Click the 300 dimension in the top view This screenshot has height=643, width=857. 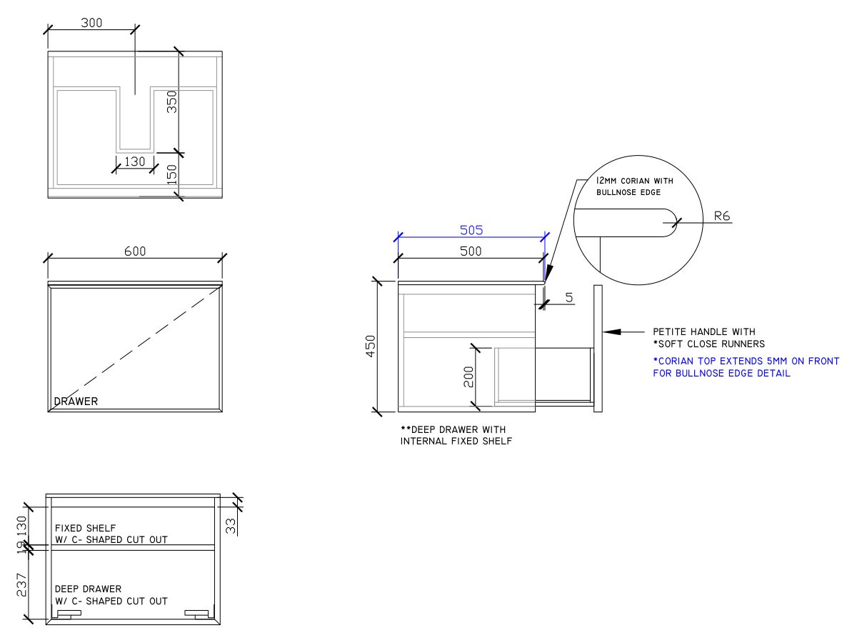click(x=91, y=22)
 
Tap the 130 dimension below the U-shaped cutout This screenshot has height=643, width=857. click(x=134, y=161)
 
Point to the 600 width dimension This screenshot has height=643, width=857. click(x=135, y=251)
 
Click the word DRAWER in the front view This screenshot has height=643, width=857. click(x=76, y=402)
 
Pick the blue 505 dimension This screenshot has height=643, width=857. click(x=471, y=230)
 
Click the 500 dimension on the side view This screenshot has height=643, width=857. click(x=471, y=251)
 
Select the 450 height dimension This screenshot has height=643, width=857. click(x=371, y=347)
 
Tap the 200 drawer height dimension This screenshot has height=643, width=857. click(x=468, y=377)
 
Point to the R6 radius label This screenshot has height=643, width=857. click(x=722, y=216)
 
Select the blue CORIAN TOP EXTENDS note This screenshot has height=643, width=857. click(x=746, y=367)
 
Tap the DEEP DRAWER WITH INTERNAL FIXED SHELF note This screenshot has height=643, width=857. click(x=456, y=435)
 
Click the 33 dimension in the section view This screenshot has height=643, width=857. click(x=230, y=526)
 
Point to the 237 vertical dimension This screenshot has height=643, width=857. click(x=21, y=584)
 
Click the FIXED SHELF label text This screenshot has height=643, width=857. click(x=111, y=534)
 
